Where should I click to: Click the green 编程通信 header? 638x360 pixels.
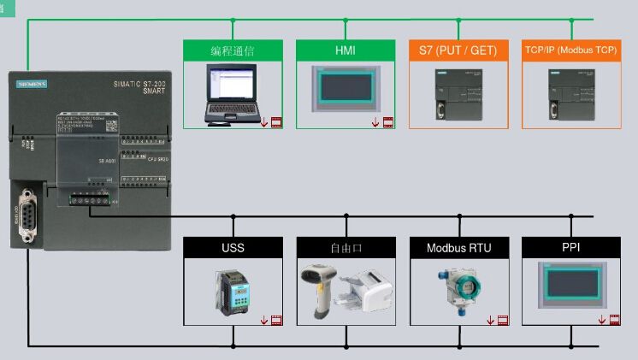(x=233, y=50)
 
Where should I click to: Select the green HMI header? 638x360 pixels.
(x=346, y=50)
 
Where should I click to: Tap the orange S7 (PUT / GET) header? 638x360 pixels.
(x=458, y=50)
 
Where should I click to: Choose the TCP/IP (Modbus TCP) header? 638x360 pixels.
(x=571, y=50)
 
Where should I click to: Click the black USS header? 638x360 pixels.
(x=233, y=248)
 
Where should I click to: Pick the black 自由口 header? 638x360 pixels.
(x=346, y=248)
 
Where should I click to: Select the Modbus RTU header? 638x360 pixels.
(x=458, y=248)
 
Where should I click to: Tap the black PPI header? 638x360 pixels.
(x=571, y=248)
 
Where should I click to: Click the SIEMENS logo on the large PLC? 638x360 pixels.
(x=32, y=83)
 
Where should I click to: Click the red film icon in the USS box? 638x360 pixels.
(x=276, y=321)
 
